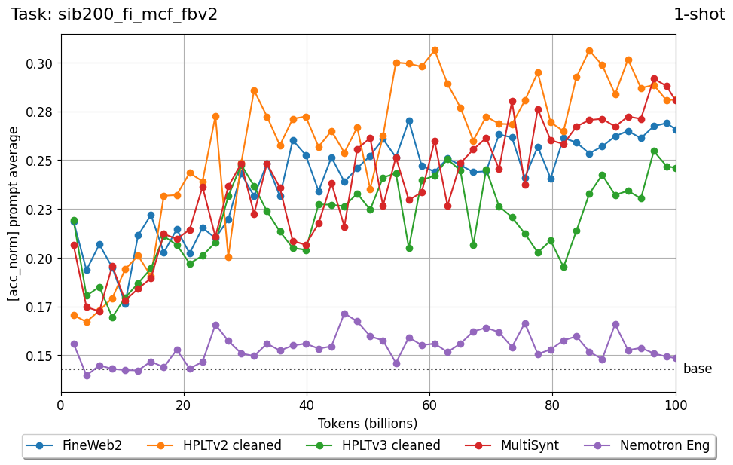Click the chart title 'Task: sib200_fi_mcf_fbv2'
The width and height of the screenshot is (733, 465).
[x=114, y=14]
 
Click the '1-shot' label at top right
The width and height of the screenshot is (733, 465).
[x=699, y=14]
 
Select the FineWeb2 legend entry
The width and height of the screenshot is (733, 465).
[x=75, y=445]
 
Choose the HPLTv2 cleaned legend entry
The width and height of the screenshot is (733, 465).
[x=217, y=445]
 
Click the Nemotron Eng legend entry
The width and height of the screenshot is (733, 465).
[x=649, y=445]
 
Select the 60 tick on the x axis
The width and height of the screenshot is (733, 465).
[x=429, y=405]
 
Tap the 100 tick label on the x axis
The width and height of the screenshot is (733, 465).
[x=676, y=405]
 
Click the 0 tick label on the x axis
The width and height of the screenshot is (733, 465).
[x=61, y=405]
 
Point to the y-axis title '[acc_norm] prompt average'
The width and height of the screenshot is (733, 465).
[x=14, y=214]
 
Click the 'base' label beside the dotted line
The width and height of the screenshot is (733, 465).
[x=698, y=369]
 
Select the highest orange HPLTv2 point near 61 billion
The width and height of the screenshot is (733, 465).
[x=435, y=50]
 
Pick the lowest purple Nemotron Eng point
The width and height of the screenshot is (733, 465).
[x=87, y=375]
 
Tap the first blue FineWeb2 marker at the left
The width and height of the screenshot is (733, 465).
[x=74, y=222]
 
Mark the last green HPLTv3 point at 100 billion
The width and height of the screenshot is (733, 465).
[x=676, y=168]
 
